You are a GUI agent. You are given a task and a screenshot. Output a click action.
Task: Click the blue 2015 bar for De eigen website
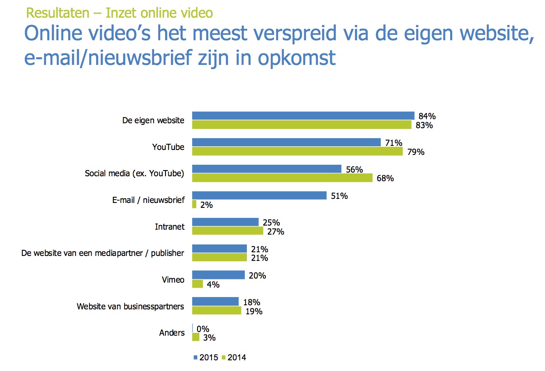click(303, 115)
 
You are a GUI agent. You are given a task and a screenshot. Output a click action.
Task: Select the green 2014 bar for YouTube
click(297, 152)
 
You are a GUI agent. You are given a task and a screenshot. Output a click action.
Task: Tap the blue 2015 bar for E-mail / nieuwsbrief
click(259, 195)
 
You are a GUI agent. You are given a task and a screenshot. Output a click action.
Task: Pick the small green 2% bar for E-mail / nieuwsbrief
click(194, 204)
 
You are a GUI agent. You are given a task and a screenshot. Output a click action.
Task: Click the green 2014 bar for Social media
click(282, 178)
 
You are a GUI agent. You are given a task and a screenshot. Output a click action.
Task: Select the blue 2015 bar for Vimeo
click(218, 275)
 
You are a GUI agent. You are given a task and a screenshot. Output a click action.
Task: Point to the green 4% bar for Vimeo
click(198, 284)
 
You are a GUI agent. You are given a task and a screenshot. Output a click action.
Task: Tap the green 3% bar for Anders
click(196, 337)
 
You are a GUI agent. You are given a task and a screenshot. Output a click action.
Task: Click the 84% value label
click(427, 116)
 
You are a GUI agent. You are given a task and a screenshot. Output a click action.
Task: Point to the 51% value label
click(339, 196)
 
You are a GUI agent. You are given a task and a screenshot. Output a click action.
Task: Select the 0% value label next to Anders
click(203, 329)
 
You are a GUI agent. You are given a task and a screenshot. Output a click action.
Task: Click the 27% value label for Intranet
click(276, 232)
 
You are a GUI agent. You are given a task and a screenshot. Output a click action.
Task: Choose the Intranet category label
click(170, 227)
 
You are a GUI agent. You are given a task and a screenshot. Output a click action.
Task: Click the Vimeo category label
click(173, 280)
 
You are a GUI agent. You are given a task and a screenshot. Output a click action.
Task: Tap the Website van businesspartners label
click(130, 306)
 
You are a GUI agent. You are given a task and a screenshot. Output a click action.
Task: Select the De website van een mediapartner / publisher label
click(103, 253)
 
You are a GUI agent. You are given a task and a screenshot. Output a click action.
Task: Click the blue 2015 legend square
click(195, 357)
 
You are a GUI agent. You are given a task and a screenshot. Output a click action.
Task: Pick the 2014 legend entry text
click(237, 357)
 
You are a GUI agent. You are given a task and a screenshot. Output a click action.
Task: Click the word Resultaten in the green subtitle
click(57, 13)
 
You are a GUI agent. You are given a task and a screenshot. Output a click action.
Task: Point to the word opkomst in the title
click(297, 58)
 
